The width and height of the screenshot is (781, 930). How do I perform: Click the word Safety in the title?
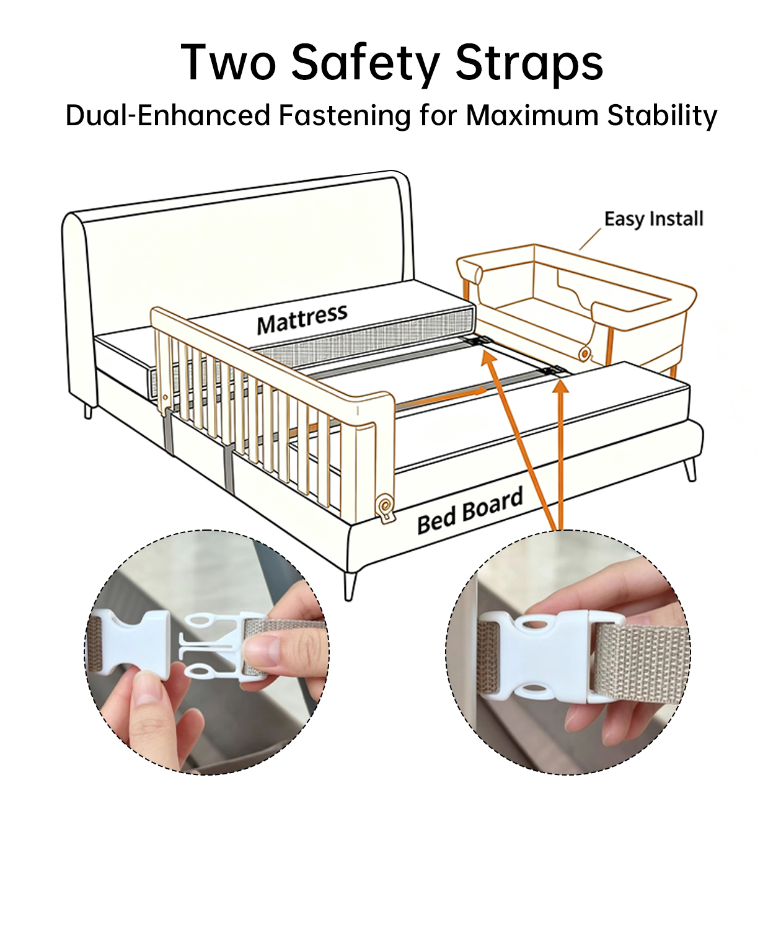(365, 64)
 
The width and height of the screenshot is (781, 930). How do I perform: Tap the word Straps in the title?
(529, 64)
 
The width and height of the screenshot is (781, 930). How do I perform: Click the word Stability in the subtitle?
(663, 117)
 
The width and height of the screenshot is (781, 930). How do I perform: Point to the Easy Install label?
(654, 219)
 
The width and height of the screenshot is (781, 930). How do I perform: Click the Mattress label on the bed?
(302, 319)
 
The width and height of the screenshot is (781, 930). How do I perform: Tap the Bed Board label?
(470, 510)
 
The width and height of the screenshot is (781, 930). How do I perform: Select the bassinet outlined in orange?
(576, 303)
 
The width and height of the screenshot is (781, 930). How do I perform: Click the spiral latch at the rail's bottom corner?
(385, 507)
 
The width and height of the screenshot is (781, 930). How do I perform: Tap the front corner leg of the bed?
(350, 586)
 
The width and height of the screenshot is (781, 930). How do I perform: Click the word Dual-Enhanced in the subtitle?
(168, 115)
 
